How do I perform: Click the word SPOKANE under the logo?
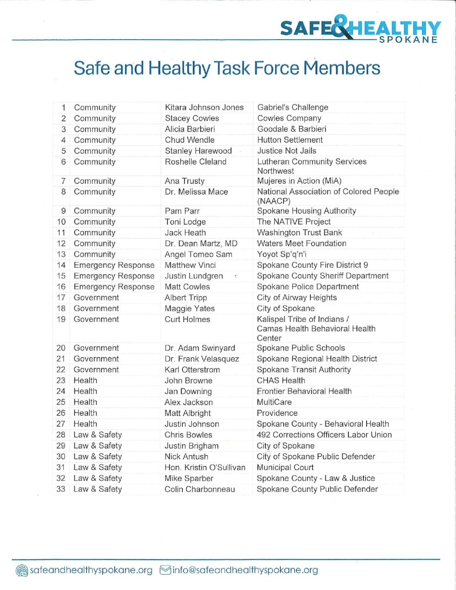coord(408,40)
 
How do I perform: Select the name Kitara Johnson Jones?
coord(204,107)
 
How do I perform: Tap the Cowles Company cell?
coord(289,118)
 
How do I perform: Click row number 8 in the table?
coord(63,192)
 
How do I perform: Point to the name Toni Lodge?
coord(185,222)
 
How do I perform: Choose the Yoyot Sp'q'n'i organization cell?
coord(282,254)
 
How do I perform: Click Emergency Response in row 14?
coord(114,265)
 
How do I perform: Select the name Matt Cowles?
coord(187,287)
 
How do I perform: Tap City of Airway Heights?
coord(297,298)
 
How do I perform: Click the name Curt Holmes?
coord(187,319)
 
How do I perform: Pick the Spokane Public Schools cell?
coord(301,348)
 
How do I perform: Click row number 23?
coord(61,381)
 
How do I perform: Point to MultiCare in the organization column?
coord(274,402)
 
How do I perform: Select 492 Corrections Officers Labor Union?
coord(324,435)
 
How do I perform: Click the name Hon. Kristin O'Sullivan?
coord(205,467)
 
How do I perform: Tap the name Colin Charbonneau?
coord(200,489)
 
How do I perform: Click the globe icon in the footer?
coord(22,570)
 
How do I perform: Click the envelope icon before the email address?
coord(165,570)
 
